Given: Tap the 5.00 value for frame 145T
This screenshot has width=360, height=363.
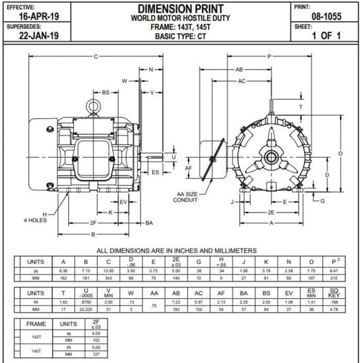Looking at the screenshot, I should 96,348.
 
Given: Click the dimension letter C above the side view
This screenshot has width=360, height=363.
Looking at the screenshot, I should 95,56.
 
